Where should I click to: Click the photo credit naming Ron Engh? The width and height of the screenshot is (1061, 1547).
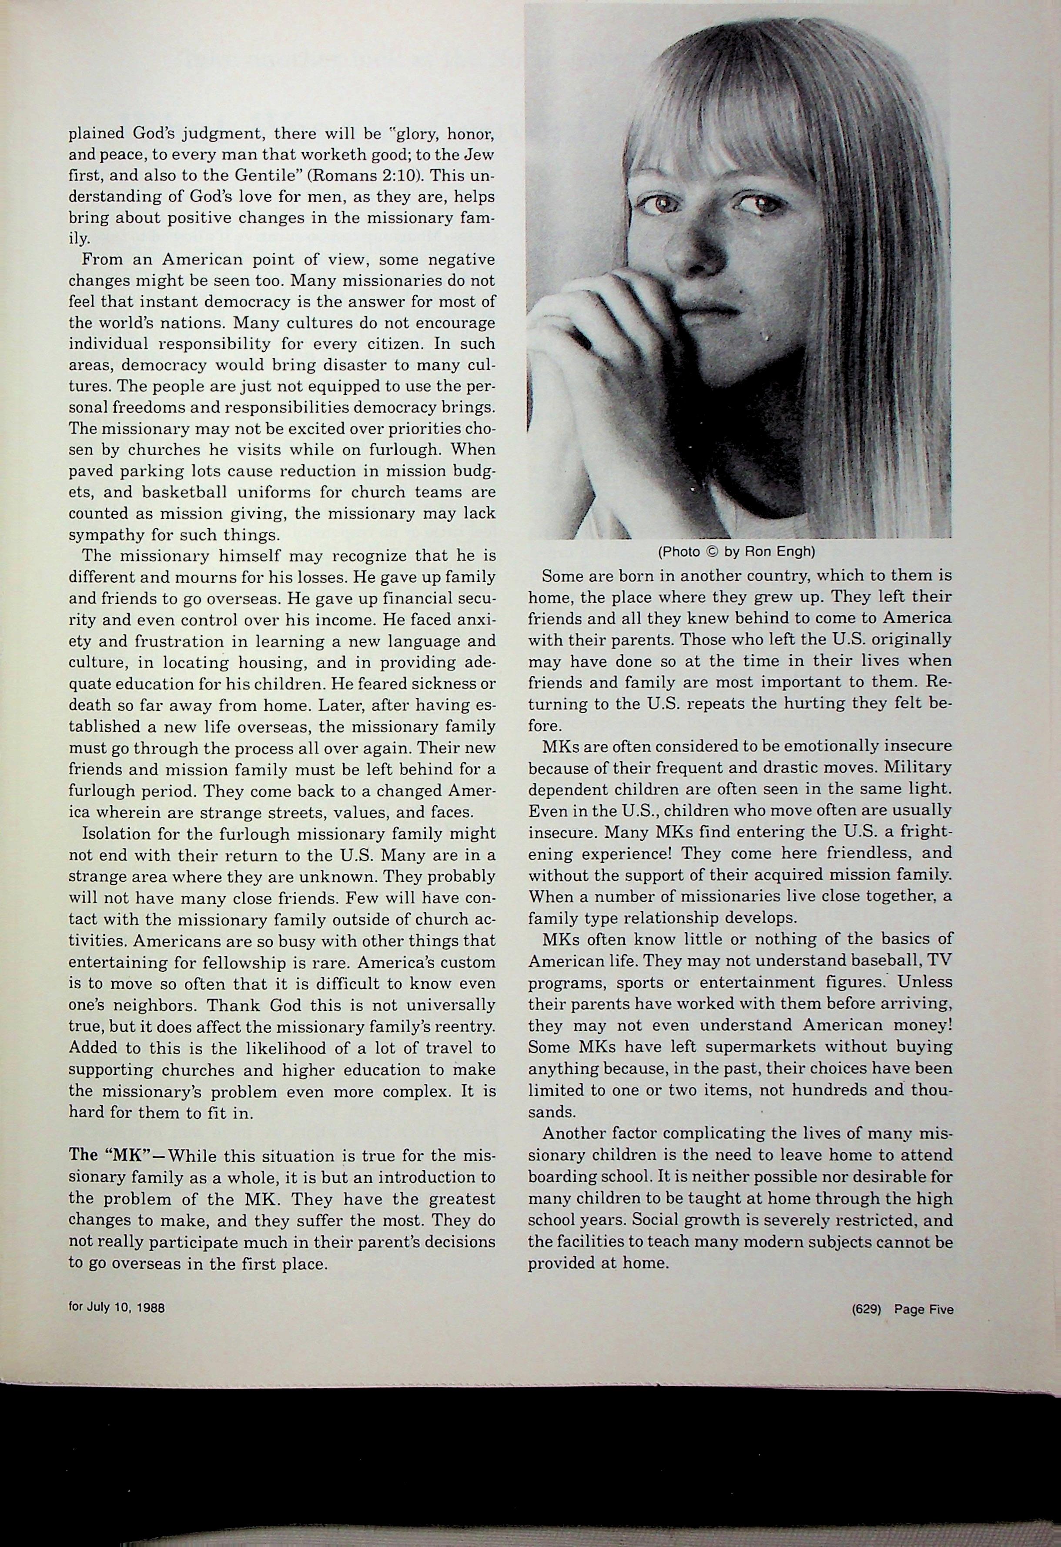click(x=736, y=552)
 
